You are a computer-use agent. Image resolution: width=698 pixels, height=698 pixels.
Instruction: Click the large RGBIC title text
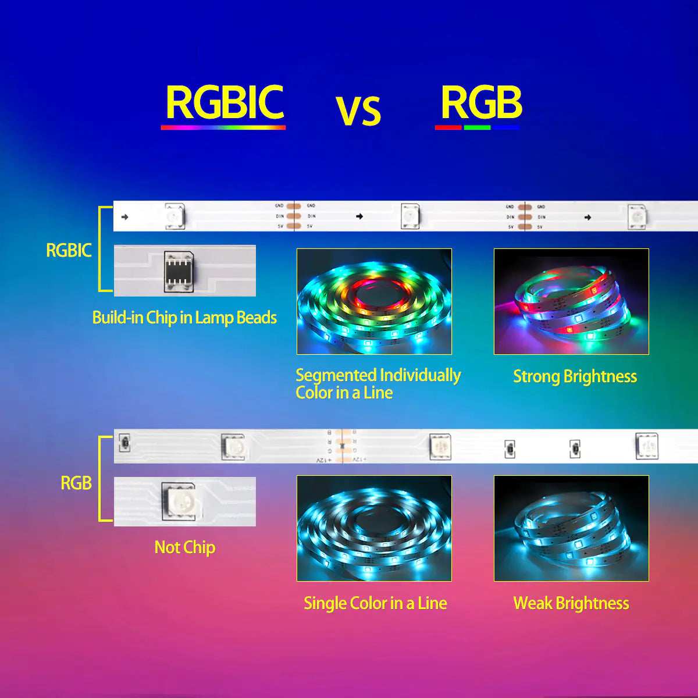(225, 102)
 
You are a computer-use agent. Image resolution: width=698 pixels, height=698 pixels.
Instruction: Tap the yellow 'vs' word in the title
(358, 111)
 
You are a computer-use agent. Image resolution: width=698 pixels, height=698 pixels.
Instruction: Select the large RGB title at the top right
(481, 102)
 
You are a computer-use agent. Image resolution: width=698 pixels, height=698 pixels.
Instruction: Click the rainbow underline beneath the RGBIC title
(223, 127)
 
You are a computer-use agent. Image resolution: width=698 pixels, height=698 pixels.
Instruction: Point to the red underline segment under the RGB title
(448, 127)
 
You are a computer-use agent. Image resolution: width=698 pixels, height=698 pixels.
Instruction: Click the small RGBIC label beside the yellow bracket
(69, 251)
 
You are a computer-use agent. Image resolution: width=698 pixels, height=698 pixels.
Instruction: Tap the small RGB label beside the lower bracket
(76, 483)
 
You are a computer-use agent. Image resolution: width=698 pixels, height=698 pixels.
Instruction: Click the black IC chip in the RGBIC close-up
(178, 270)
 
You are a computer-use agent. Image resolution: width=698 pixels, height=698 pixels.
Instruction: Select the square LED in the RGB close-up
(181, 501)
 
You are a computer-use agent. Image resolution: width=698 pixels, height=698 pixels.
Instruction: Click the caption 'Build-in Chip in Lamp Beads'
(184, 318)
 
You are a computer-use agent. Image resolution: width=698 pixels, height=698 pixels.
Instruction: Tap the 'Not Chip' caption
(184, 547)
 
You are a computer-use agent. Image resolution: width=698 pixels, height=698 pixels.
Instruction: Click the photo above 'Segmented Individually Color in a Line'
(374, 301)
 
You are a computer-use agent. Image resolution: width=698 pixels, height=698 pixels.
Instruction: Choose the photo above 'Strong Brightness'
(571, 301)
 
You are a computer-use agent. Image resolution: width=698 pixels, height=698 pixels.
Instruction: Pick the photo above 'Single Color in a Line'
(374, 528)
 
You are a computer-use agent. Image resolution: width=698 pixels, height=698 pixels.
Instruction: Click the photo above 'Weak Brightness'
(571, 528)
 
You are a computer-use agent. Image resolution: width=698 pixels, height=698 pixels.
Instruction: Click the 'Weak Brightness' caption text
(571, 603)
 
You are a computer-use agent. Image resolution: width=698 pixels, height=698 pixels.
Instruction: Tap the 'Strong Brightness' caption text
(575, 376)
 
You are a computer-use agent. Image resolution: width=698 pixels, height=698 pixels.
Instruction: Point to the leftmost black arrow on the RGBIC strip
(124, 217)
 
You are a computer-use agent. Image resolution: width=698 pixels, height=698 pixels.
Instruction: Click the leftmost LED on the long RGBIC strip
(174, 216)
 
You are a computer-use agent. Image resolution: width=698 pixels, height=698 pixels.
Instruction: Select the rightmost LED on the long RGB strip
(646, 446)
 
